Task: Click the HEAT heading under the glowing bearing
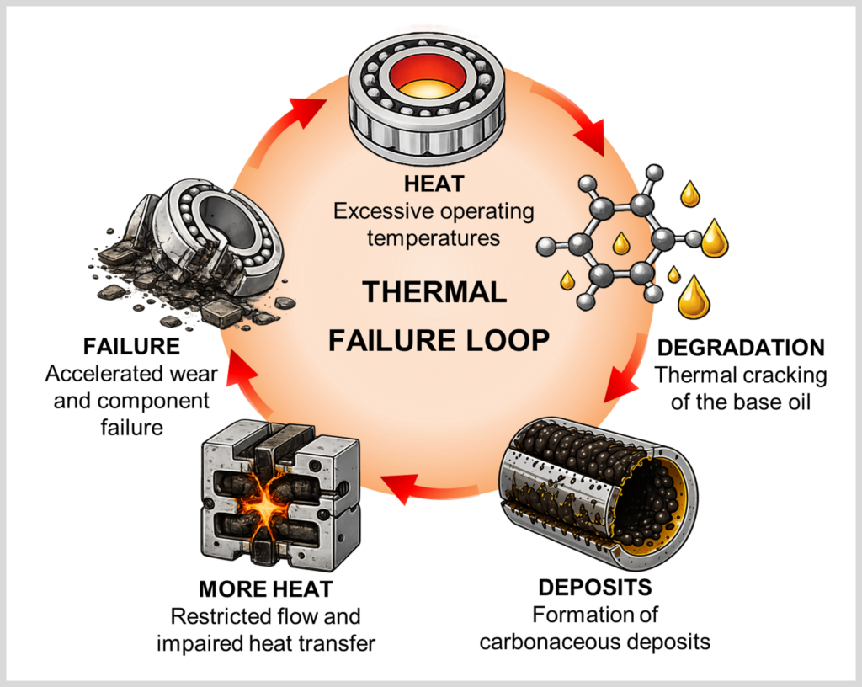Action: click(434, 184)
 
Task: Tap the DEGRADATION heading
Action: click(741, 348)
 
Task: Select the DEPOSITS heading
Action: click(595, 588)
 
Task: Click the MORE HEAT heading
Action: click(265, 589)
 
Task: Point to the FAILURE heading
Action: click(131, 346)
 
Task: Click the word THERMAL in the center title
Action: click(434, 292)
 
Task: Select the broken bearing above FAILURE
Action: click(193, 253)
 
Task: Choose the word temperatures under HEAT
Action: click(434, 238)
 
